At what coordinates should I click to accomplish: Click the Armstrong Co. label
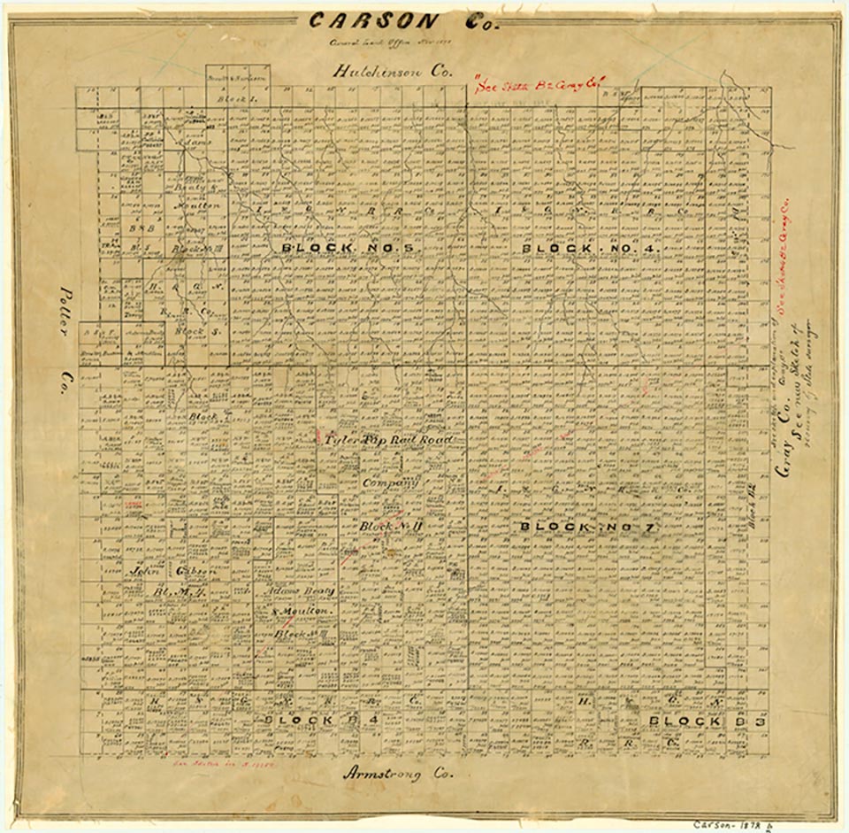(397, 773)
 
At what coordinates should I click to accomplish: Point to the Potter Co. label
(64, 345)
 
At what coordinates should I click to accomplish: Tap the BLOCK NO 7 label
(586, 528)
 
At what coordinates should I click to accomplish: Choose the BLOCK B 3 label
(707, 721)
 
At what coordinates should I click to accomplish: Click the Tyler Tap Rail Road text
(388, 440)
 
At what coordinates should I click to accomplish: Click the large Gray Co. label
(784, 442)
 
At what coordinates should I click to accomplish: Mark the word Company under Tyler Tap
(389, 483)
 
